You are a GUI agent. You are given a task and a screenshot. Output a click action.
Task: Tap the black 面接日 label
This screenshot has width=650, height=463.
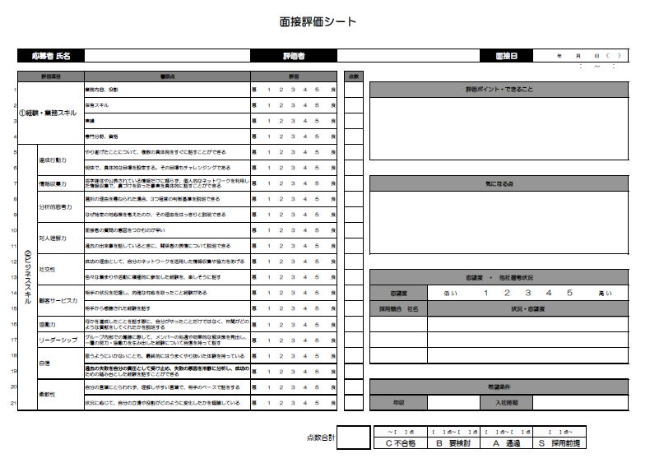507,56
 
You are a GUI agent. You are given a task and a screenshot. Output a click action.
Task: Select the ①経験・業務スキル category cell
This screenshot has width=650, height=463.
49,113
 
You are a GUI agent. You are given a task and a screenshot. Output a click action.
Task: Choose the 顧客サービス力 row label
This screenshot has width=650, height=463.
58,300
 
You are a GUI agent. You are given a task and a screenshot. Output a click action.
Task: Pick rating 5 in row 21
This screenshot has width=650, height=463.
317,403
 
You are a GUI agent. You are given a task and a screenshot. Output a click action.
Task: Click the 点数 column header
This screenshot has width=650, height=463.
353,76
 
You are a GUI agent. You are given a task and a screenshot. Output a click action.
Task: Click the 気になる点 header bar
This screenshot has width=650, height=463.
499,183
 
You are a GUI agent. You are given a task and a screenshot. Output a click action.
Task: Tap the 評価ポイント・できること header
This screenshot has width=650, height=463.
499,90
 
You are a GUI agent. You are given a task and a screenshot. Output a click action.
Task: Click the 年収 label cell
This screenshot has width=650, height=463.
397,403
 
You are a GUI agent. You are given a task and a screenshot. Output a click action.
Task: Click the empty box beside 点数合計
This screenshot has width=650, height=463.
354,438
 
